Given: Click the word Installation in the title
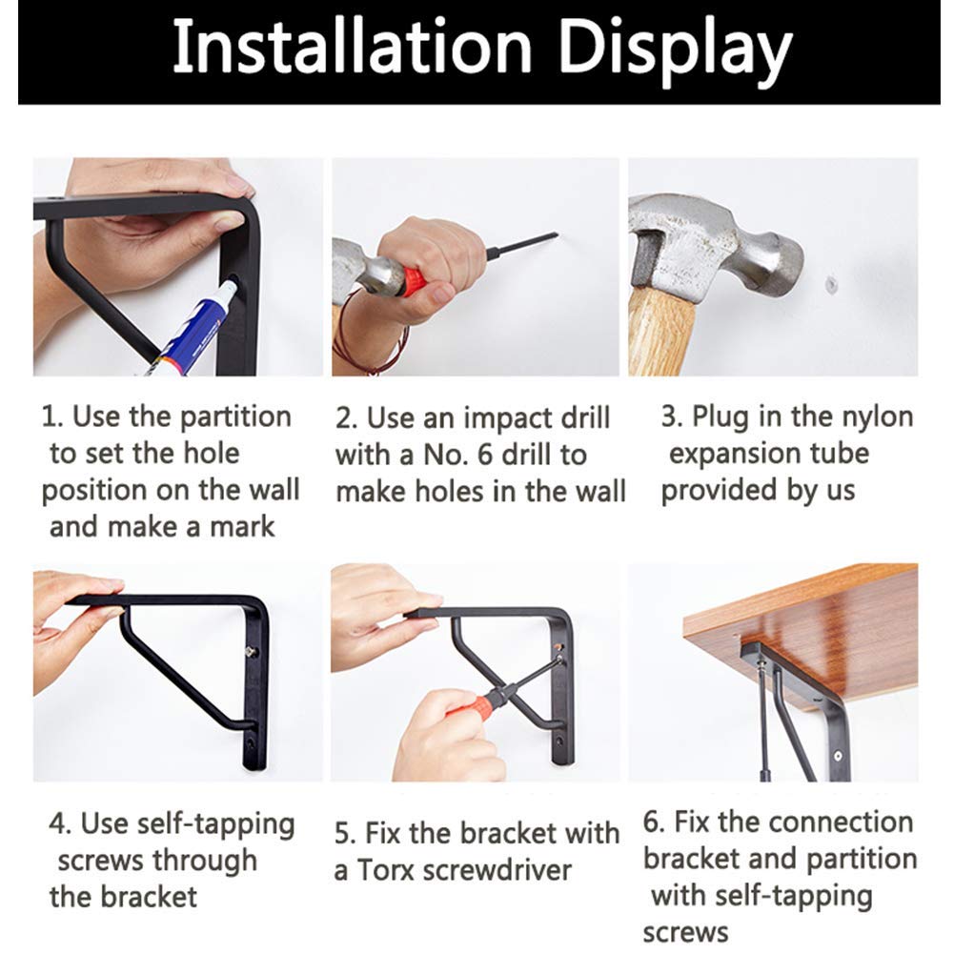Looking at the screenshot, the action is tap(353, 47).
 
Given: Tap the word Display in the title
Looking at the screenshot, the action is tap(675, 53).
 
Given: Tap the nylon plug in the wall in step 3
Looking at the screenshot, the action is tap(830, 283).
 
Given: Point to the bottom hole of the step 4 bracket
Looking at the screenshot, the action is tap(250, 744).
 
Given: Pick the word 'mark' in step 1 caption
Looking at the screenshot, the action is tap(242, 526).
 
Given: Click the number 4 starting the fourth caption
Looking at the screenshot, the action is tap(58, 824).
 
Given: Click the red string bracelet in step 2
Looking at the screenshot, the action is tap(365, 332).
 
